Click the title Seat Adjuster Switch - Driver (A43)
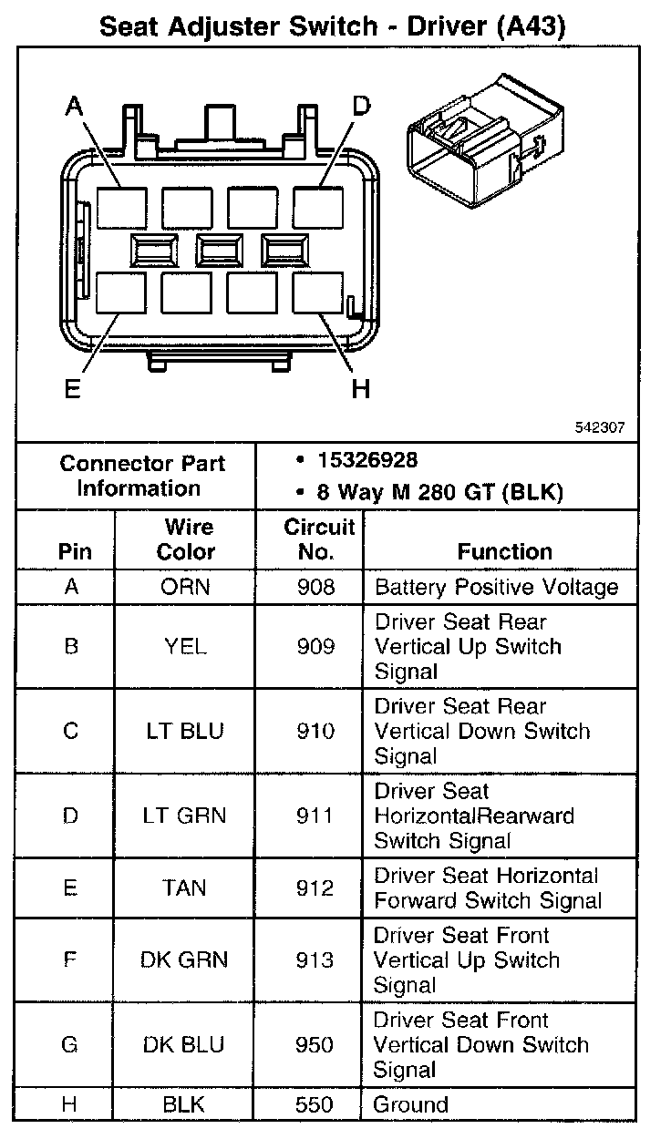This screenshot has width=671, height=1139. [x=333, y=26]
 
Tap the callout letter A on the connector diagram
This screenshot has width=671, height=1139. [x=74, y=108]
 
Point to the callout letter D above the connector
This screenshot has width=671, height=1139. [x=361, y=108]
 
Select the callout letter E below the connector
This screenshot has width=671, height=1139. [x=72, y=389]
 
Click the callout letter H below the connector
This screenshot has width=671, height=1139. [x=361, y=389]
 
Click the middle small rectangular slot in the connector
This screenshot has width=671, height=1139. [x=219, y=249]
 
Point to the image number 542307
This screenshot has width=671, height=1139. [x=600, y=427]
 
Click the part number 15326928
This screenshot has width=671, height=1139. [x=367, y=461]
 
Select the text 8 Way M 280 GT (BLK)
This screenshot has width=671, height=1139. [x=439, y=493]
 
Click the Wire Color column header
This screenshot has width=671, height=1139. [x=186, y=539]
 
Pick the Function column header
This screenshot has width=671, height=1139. [x=504, y=551]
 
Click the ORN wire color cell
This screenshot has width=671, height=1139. [x=185, y=587]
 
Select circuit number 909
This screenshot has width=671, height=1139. [x=315, y=647]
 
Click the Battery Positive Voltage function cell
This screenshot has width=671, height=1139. [x=497, y=587]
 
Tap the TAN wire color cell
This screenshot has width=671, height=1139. [x=184, y=888]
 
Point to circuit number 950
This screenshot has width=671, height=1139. [x=315, y=1044]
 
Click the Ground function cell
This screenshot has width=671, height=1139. [x=411, y=1105]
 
